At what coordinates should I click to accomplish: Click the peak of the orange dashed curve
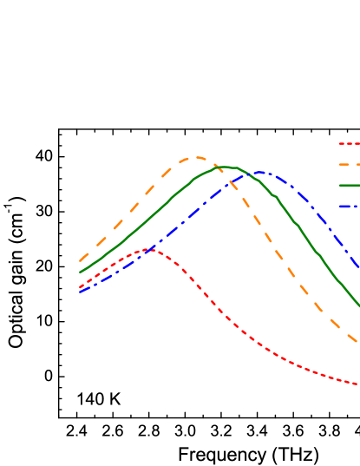[197, 157]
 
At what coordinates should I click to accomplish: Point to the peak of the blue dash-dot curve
[259, 173]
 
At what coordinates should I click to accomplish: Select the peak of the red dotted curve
[151, 249]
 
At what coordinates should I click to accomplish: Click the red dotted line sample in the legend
[349, 144]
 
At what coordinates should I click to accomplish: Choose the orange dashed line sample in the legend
[349, 164]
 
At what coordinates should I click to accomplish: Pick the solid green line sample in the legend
[349, 185]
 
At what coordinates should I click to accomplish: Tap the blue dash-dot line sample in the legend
[349, 206]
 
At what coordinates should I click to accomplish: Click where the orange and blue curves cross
[232, 183]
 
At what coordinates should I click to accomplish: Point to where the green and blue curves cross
[248, 174]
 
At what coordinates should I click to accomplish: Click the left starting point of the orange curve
[80, 260]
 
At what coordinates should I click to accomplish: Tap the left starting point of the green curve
[80, 272]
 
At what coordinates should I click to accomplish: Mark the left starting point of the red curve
[80, 287]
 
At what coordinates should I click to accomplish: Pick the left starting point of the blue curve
[80, 292]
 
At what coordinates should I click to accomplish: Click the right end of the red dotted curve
[358, 384]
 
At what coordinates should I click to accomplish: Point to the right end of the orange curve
[358, 342]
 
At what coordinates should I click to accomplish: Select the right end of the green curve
[358, 305]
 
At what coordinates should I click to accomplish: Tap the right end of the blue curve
[358, 268]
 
